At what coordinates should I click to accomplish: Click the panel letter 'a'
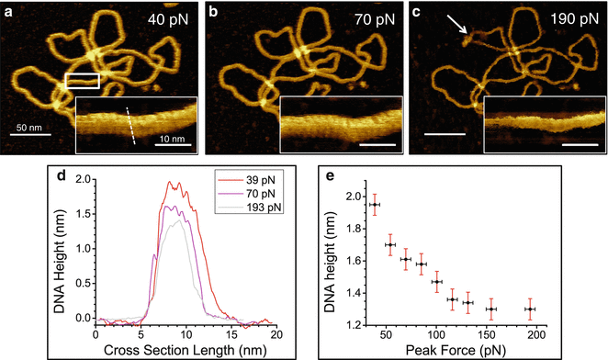pyautogui.click(x=8, y=10)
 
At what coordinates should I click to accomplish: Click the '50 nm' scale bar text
pyautogui.click(x=29, y=124)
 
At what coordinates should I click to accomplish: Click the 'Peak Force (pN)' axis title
pyautogui.click(x=452, y=350)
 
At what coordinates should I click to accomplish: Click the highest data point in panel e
pyautogui.click(x=375, y=205)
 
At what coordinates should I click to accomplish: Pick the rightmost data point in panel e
pyautogui.click(x=529, y=309)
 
